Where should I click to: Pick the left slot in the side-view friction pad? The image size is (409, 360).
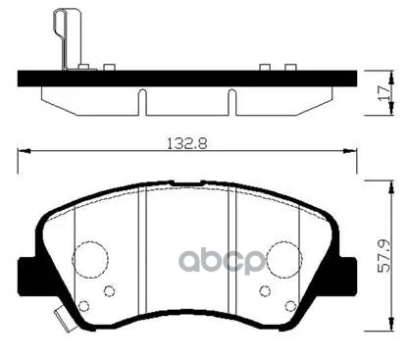click(x=143, y=101)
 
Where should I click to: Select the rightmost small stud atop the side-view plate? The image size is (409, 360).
click(x=290, y=68)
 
